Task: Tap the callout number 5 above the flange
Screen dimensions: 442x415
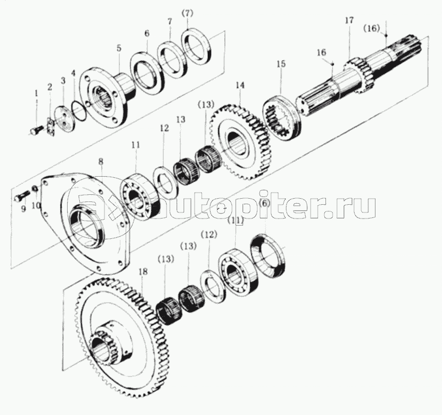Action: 119,48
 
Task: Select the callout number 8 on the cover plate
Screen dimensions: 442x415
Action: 101,161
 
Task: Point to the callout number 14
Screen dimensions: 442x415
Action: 239,85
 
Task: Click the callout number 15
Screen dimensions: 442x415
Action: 281,64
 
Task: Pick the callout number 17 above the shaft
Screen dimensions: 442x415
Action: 349,21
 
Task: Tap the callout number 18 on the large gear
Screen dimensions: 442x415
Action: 142,272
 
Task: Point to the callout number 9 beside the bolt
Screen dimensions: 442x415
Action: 23,209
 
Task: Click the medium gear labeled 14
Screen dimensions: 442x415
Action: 239,140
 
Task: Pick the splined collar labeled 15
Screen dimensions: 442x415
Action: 281,118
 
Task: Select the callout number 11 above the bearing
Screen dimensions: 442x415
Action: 136,145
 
